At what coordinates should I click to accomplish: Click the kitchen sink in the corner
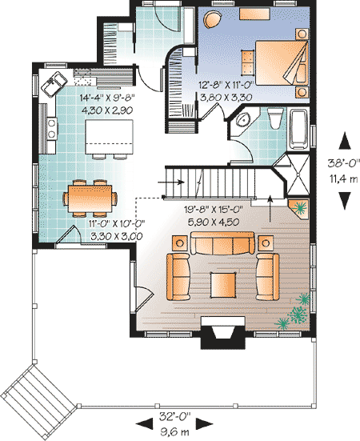[x=54, y=83]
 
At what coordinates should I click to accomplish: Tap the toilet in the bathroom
[x=275, y=118]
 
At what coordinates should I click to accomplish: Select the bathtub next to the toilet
[x=298, y=129]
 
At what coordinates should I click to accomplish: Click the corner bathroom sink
[x=242, y=120]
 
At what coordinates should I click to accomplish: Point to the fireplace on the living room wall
[x=223, y=332]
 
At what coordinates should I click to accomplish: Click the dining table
[x=90, y=198]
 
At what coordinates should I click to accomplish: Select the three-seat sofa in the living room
[x=222, y=243]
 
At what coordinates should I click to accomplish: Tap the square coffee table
[x=223, y=285]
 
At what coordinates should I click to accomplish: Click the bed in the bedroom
[x=281, y=63]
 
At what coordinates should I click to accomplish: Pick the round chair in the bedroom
[x=213, y=20]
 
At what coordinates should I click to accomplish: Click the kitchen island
[x=109, y=137]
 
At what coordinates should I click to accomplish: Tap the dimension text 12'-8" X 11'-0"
[x=226, y=85]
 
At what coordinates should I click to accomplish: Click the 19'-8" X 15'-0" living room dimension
[x=214, y=209]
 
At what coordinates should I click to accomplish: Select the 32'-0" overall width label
[x=175, y=416]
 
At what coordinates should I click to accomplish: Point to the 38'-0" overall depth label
[x=343, y=162]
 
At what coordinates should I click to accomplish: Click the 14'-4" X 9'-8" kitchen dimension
[x=107, y=98]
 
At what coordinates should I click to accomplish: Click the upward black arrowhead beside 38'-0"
[x=345, y=142]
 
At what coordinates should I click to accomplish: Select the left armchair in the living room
[x=178, y=276]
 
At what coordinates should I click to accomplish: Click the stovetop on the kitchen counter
[x=52, y=128]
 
